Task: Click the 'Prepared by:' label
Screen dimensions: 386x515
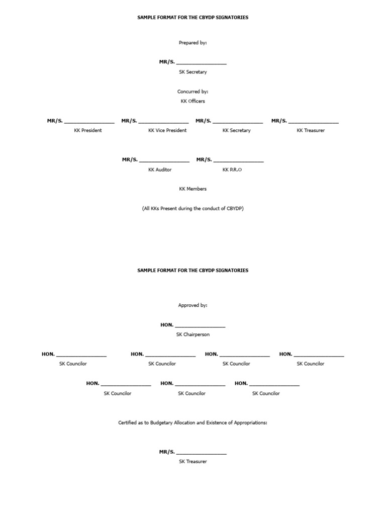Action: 193,43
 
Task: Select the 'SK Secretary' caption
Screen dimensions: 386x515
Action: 193,72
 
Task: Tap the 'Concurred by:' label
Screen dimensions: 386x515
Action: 193,92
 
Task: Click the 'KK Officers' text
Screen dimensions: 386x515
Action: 193,101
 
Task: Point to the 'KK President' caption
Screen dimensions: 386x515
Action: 88,130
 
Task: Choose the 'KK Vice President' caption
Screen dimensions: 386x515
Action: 167,130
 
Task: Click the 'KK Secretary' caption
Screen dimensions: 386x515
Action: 237,130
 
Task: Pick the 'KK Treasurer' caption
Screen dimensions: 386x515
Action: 311,130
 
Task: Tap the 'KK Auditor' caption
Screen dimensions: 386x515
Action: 160,169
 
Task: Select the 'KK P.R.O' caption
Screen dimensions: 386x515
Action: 232,169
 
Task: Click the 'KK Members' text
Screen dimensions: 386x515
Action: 193,189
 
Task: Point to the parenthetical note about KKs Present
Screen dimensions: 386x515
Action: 193,208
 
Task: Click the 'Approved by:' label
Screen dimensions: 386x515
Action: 193,305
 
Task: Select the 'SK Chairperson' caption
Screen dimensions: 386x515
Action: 193,334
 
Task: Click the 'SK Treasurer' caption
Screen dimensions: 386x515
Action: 193,461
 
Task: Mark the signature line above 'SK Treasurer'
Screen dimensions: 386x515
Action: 202,454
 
